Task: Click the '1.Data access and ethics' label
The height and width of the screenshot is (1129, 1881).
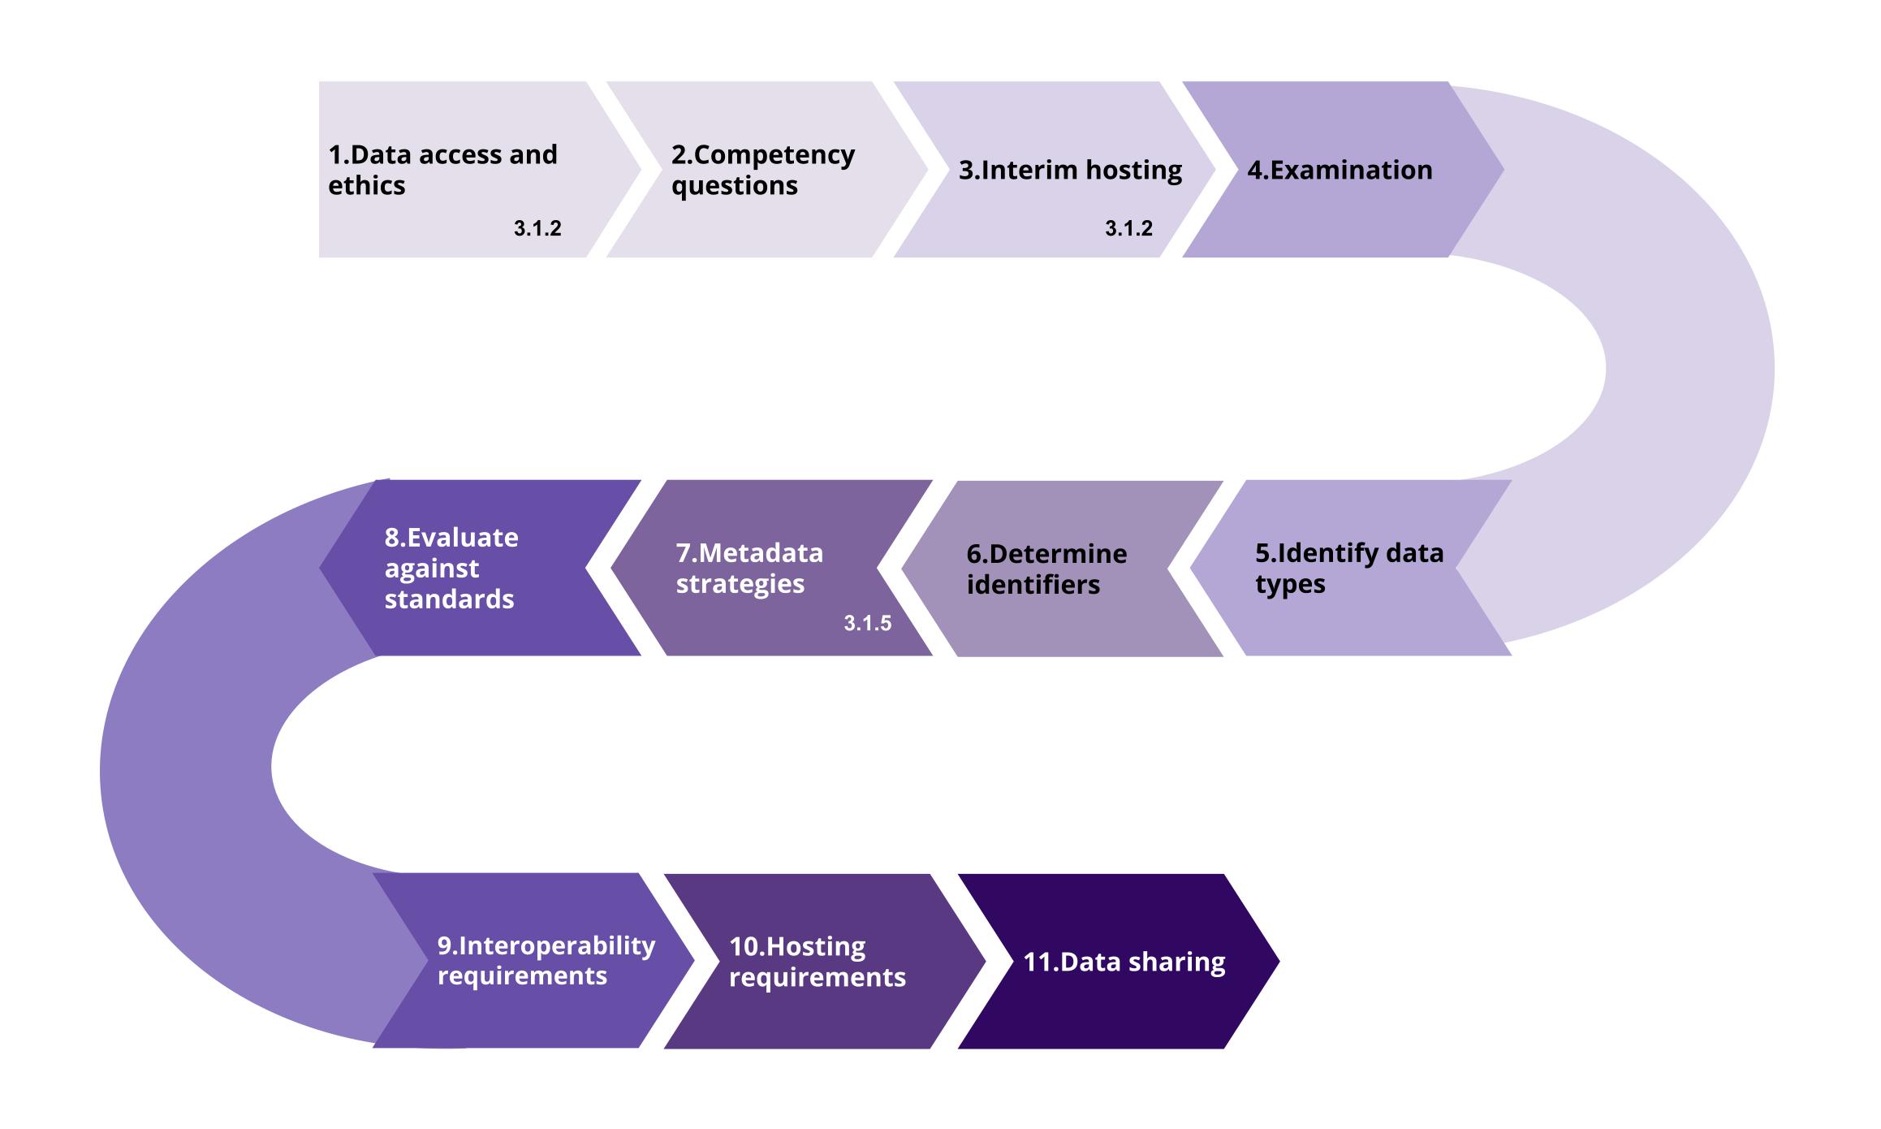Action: point(442,170)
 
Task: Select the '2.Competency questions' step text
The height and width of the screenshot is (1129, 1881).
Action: point(762,170)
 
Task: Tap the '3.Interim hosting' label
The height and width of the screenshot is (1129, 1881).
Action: point(1070,170)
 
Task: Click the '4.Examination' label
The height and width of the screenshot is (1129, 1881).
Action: point(1340,170)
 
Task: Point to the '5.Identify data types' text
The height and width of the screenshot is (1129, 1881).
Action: point(1349,568)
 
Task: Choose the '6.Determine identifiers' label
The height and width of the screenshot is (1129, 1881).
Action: point(1046,569)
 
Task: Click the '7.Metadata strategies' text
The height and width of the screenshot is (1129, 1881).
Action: point(749,568)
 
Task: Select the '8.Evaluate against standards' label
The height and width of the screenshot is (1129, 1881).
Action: point(451,568)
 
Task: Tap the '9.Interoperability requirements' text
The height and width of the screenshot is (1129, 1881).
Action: point(546,960)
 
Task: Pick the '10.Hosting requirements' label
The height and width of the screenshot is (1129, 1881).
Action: point(817,961)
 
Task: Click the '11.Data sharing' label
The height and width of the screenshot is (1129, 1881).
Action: point(1124,962)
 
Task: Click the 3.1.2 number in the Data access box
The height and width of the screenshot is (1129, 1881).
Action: point(537,228)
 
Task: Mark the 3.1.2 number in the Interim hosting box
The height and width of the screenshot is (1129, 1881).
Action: point(1128,228)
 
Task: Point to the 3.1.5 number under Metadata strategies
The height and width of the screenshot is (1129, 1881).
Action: point(867,623)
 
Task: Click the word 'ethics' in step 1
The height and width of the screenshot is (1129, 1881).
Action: point(366,185)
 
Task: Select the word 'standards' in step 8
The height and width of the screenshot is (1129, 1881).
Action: point(449,599)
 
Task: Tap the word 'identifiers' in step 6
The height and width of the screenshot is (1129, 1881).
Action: point(1033,584)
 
